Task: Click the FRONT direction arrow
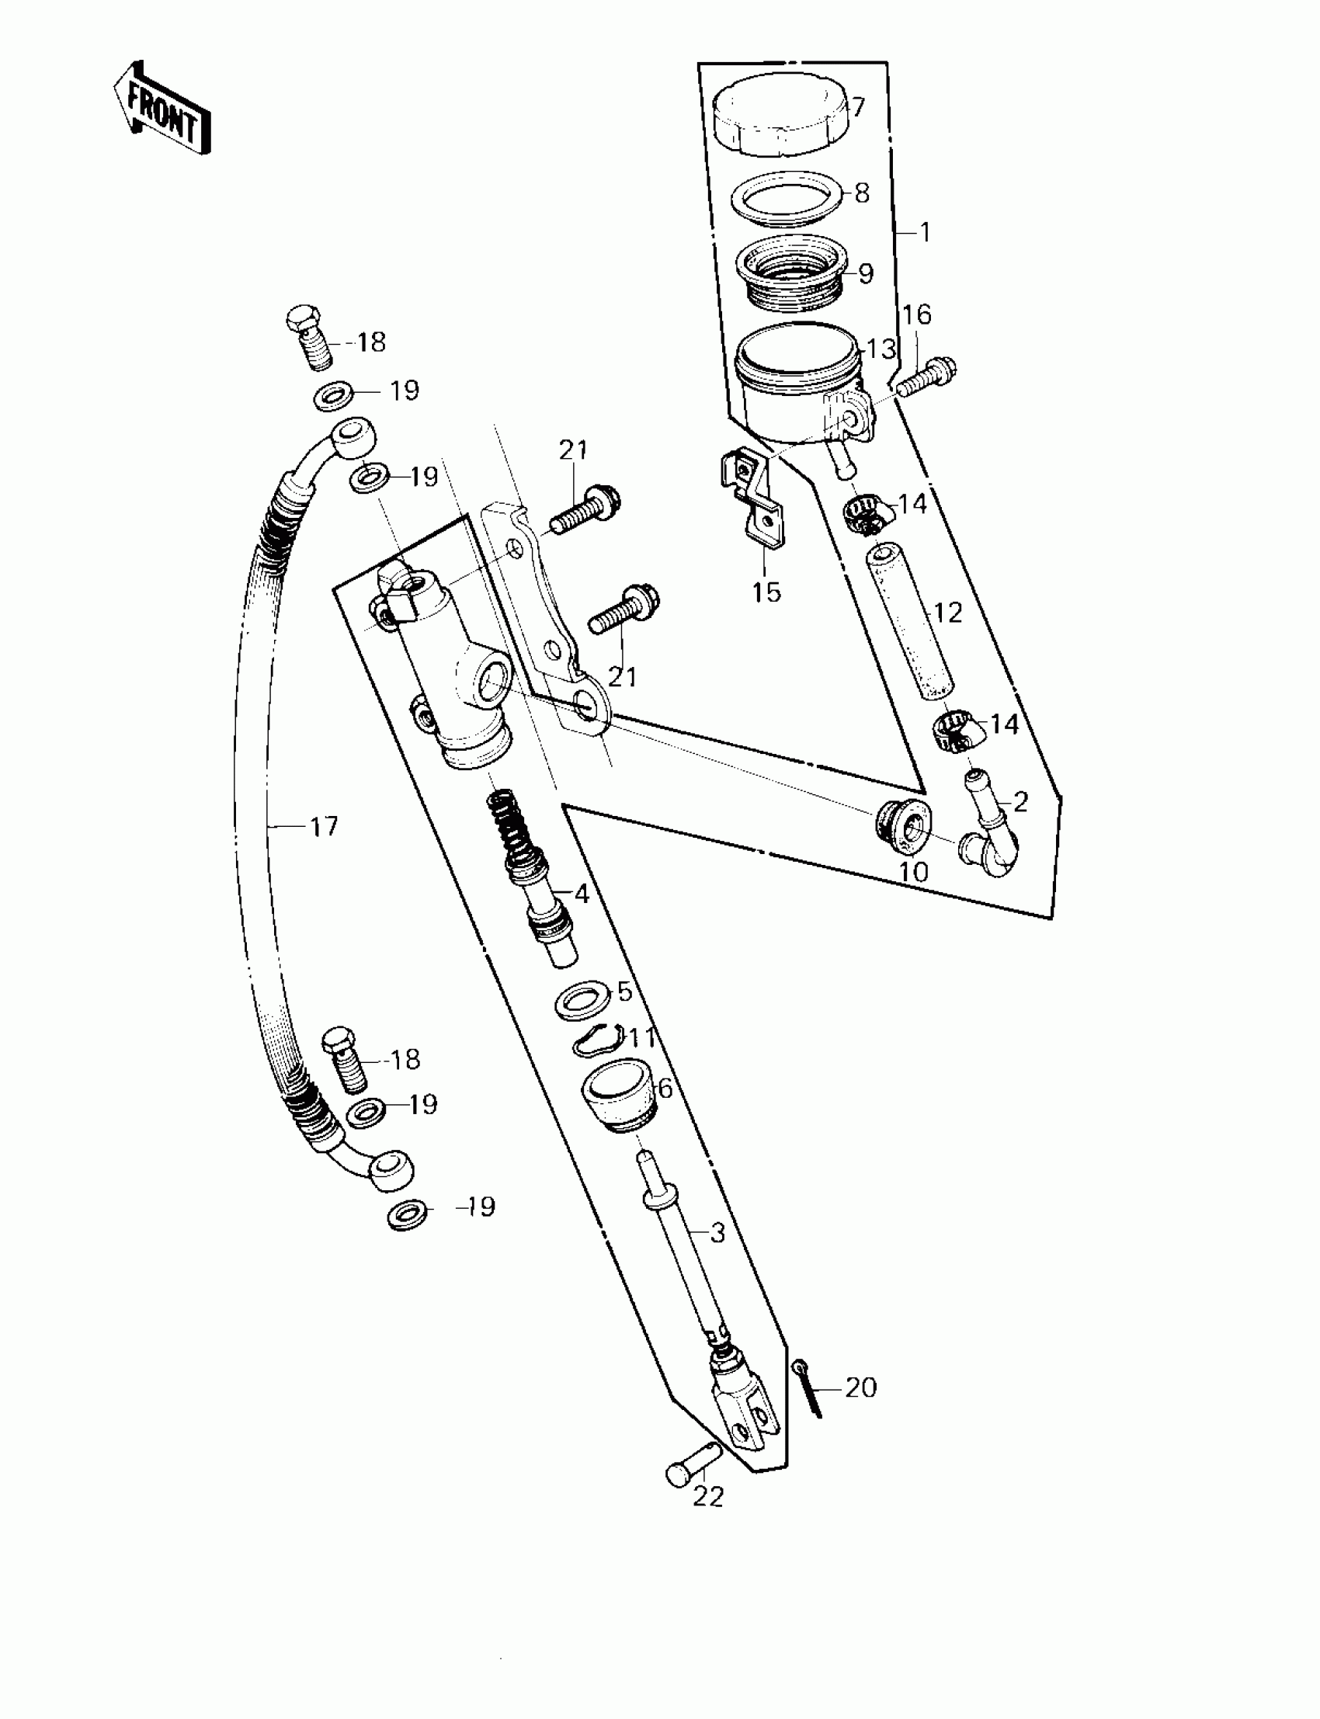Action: point(162,109)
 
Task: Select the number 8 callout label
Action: point(862,193)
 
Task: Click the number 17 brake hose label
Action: point(324,827)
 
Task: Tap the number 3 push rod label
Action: point(717,1234)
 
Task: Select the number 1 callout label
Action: point(925,233)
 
